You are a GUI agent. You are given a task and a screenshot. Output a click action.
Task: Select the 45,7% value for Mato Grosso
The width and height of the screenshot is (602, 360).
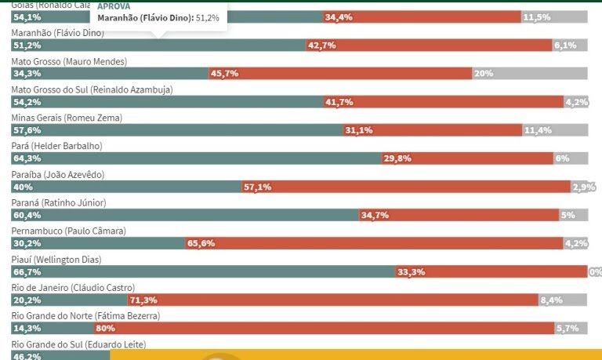(x=224, y=74)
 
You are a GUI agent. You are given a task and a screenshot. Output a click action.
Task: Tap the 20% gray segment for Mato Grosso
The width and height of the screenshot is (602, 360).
(x=530, y=74)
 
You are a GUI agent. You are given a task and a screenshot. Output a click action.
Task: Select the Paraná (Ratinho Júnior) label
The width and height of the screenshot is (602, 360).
(x=60, y=203)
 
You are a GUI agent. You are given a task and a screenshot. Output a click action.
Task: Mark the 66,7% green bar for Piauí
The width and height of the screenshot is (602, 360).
(x=204, y=271)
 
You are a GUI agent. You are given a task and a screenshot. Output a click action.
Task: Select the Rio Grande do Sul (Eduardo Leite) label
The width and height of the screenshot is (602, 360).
(x=78, y=344)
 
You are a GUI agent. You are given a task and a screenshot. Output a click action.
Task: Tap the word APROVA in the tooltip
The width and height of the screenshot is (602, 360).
(x=114, y=5)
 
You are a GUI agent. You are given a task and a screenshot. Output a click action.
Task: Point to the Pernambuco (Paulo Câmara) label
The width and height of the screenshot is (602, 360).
(x=68, y=231)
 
